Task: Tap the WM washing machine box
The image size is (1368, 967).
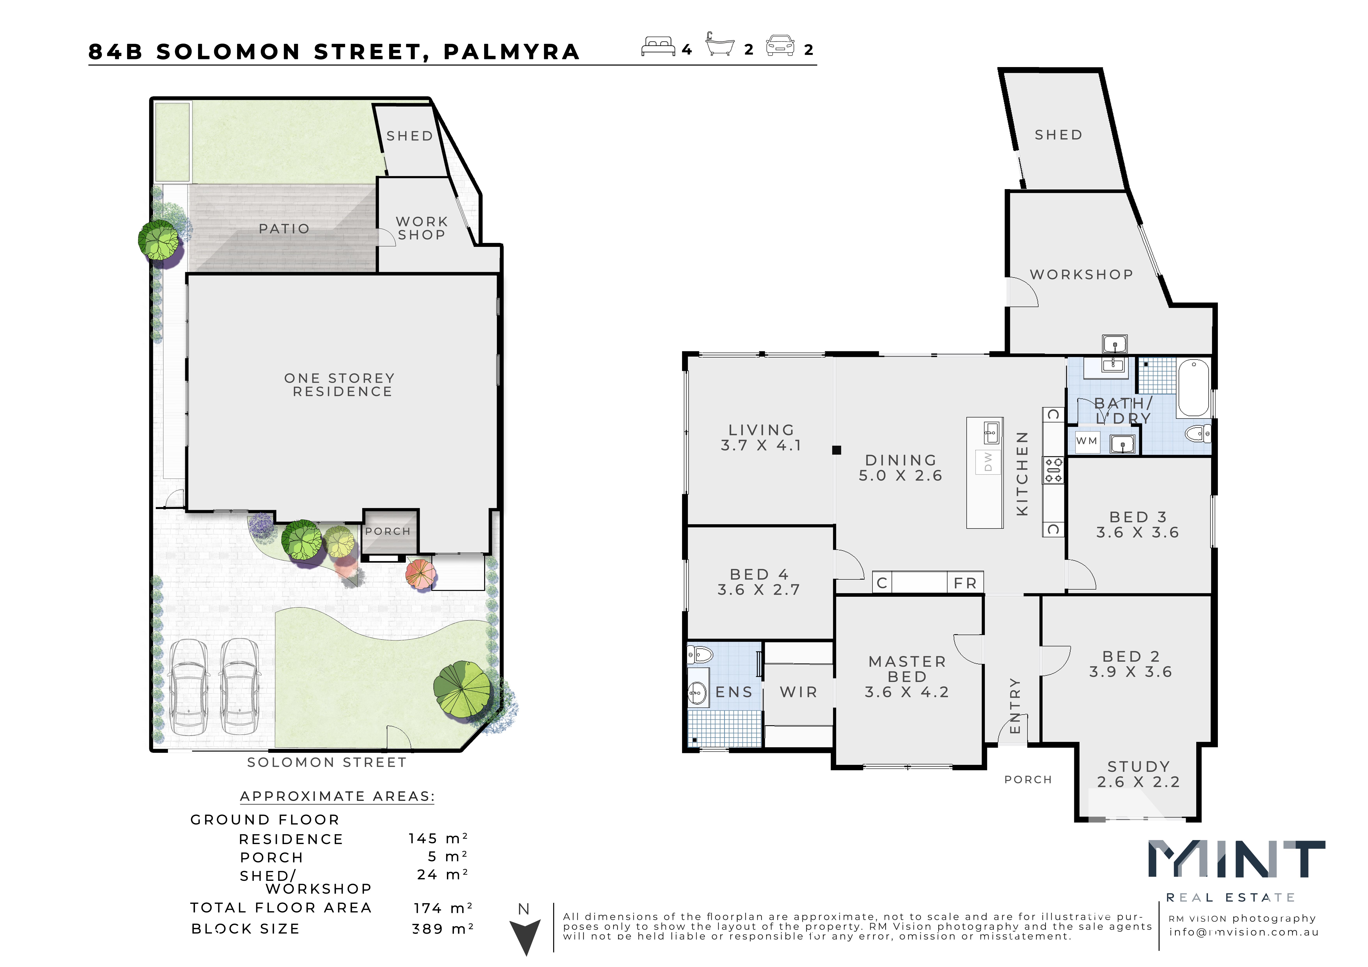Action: pyautogui.click(x=1087, y=442)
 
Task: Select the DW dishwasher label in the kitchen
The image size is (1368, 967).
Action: pyautogui.click(x=988, y=462)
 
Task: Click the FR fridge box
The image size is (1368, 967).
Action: pyautogui.click(x=965, y=583)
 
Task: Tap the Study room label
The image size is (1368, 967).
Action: pyautogui.click(x=1139, y=767)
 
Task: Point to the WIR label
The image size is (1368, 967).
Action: pyautogui.click(x=798, y=692)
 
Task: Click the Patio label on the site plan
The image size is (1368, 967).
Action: pyautogui.click(x=284, y=229)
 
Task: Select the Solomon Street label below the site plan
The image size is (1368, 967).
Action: pyautogui.click(x=327, y=763)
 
